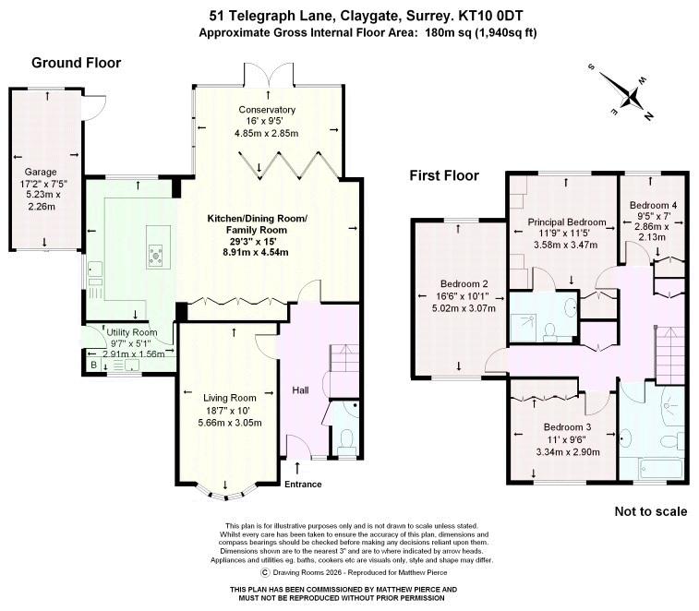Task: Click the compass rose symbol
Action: pyautogui.click(x=631, y=93)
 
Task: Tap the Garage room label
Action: pyautogui.click(x=41, y=172)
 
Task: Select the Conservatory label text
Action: pyautogui.click(x=267, y=109)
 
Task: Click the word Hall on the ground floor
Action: pyautogui.click(x=302, y=390)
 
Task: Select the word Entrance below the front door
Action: pyautogui.click(x=303, y=484)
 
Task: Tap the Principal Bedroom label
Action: pyautogui.click(x=567, y=222)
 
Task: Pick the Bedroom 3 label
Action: pyautogui.click(x=567, y=427)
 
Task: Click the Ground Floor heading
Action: pyautogui.click(x=77, y=63)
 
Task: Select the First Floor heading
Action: pyautogui.click(x=444, y=175)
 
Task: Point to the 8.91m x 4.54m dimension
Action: pyautogui.click(x=247, y=252)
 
